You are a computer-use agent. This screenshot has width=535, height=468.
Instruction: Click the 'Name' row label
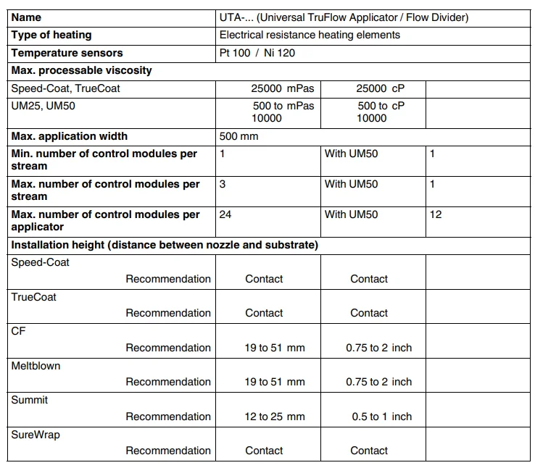coord(27,17)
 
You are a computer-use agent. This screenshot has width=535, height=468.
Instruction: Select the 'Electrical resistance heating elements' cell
coord(310,35)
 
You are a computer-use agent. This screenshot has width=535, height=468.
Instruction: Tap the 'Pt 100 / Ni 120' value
coord(257,53)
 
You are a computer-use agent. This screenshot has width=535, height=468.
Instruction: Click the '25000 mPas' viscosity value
coord(283,88)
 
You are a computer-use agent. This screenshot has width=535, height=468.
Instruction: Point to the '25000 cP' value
coord(381,88)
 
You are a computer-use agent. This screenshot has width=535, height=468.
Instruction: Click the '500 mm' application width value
coord(239,136)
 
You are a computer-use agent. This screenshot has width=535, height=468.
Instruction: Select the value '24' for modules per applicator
coord(225,214)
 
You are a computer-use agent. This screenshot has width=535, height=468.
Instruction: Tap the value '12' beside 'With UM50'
coord(436,214)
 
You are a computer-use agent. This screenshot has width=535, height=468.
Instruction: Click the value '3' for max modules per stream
coord(223,184)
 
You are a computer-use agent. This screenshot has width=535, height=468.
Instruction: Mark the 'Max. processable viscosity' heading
coord(82,70)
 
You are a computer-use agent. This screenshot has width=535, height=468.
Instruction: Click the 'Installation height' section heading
coord(165,245)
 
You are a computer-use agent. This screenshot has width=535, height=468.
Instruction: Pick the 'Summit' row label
coord(30,400)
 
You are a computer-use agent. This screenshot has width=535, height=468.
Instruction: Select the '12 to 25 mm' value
coord(275,417)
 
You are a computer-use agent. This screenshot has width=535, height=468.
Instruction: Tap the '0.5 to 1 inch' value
coord(381,417)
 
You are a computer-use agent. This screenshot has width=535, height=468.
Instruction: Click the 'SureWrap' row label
coord(36,434)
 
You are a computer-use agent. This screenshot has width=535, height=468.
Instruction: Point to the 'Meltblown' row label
coord(36,366)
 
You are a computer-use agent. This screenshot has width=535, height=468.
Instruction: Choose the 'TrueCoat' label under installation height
coord(34,297)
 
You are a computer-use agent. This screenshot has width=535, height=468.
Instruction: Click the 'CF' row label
coord(18,331)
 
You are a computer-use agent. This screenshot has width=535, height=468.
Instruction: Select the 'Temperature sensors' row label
coord(67,53)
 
